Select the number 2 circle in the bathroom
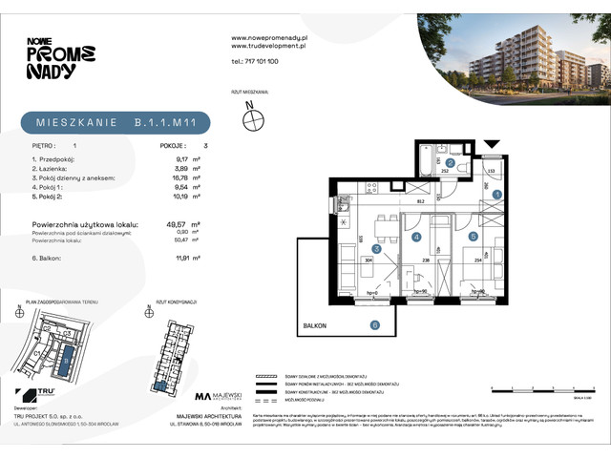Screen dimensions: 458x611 [450, 163]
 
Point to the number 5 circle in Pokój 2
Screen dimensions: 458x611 [473, 236]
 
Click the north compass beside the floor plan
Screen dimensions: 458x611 [253, 119]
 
